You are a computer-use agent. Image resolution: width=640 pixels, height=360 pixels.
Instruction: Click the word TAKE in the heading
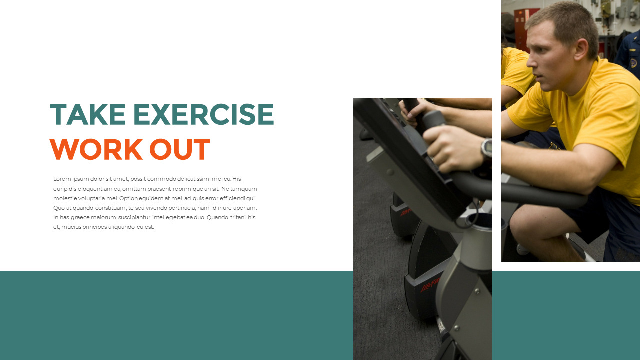(x=87, y=114)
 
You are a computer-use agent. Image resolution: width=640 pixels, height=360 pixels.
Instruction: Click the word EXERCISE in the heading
(x=203, y=114)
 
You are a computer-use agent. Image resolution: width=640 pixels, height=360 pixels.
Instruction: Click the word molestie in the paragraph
(x=65, y=198)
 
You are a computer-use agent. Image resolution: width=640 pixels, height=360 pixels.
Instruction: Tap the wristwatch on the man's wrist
(x=486, y=149)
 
